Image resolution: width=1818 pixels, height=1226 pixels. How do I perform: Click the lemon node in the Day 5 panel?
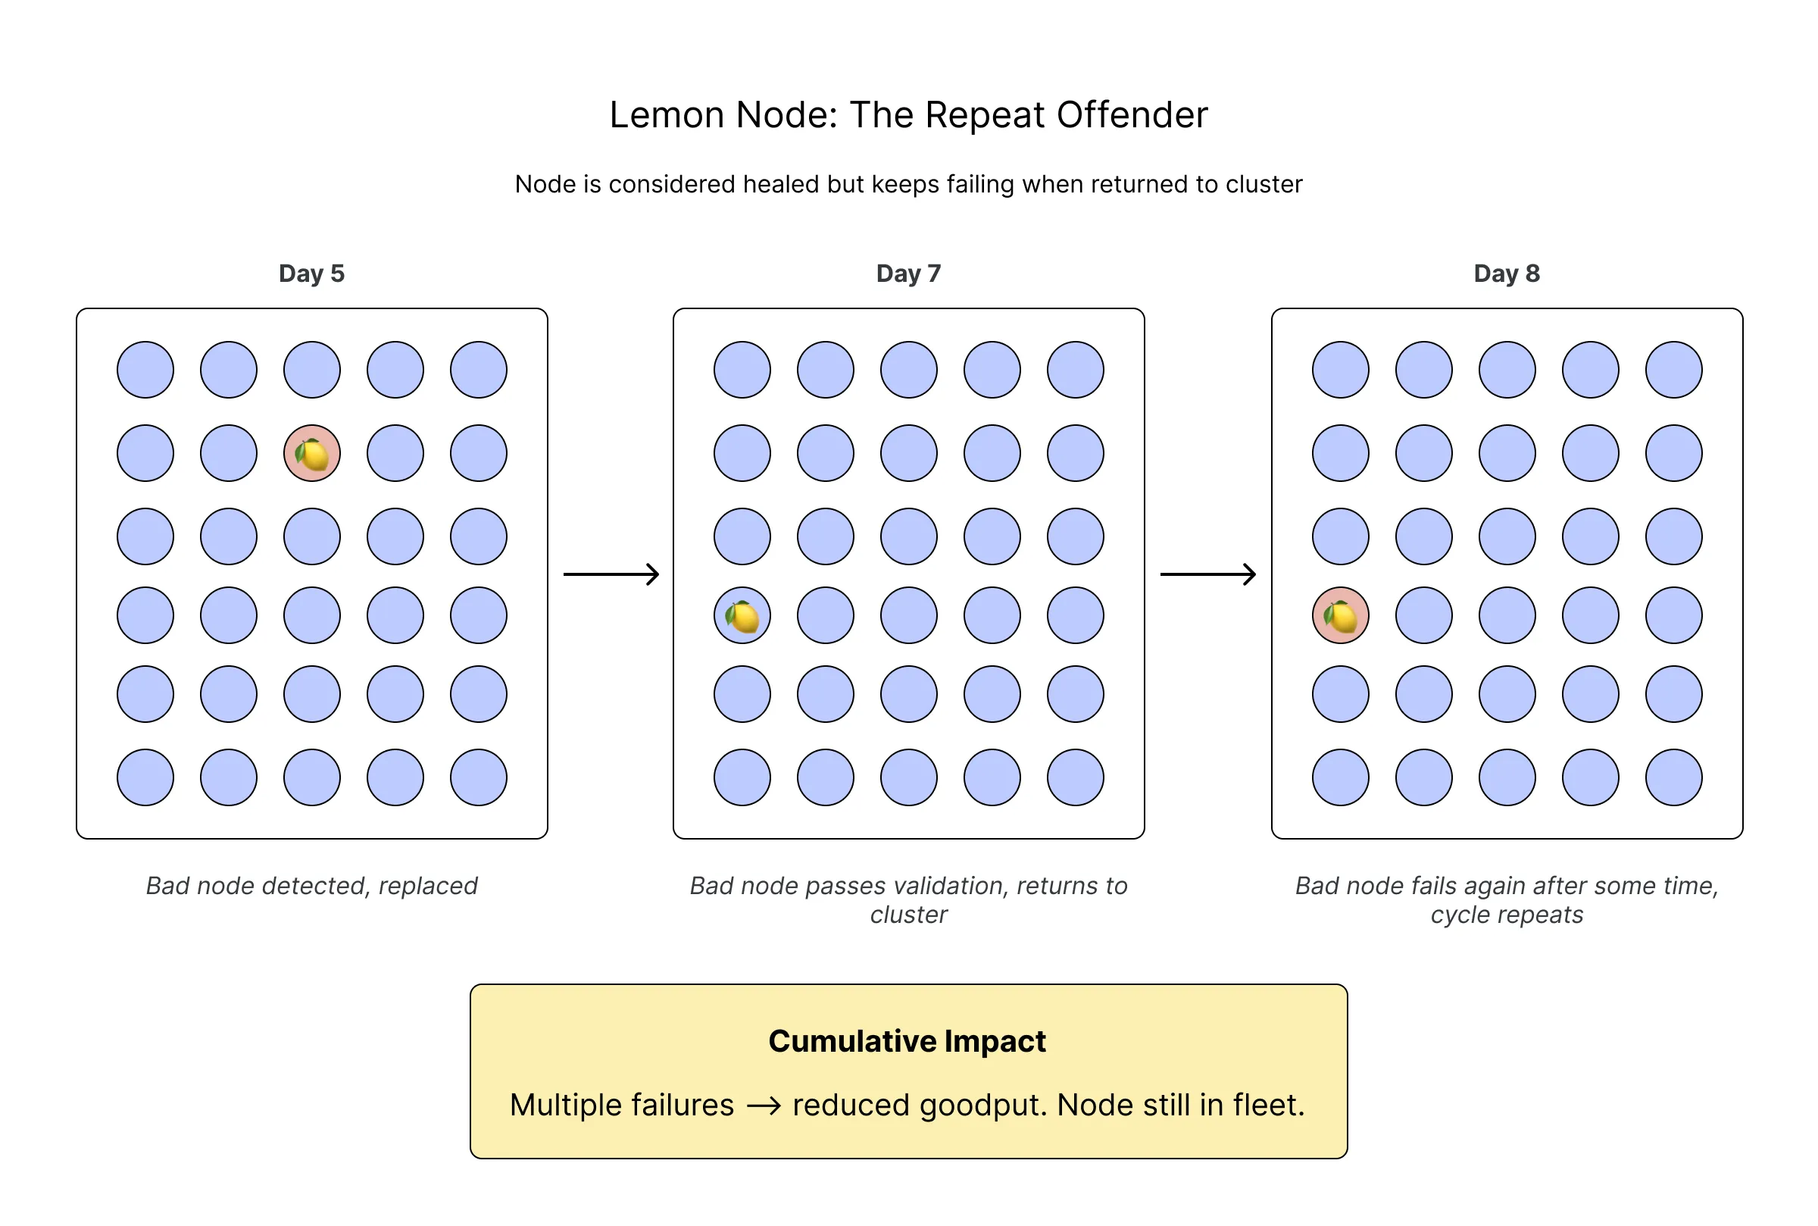(312, 453)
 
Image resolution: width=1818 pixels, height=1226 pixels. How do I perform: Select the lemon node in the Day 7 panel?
(742, 616)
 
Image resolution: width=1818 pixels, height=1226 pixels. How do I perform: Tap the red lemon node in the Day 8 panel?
(1341, 616)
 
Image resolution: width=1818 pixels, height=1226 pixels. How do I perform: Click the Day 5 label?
(312, 274)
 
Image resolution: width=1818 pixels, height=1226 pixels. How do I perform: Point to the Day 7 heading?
(908, 274)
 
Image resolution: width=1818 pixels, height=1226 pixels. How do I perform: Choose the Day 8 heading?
(1506, 274)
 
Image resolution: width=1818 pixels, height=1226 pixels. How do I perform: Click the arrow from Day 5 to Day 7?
(611, 574)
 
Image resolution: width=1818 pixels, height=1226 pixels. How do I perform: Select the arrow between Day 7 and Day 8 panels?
(1208, 574)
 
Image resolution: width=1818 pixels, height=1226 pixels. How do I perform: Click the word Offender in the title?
(1132, 115)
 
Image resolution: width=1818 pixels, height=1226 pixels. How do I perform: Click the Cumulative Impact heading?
(907, 1041)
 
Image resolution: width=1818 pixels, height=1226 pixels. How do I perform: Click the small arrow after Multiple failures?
(764, 1106)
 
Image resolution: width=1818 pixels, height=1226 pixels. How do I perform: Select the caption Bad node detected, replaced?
(312, 886)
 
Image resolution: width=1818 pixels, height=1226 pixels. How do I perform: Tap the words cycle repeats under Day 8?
(1506, 915)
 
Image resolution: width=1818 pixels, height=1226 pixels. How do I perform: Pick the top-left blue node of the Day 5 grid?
(145, 370)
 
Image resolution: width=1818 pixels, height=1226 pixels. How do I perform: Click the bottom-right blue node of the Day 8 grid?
(1673, 778)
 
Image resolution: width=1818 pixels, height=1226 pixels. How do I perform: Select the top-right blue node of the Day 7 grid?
(1076, 370)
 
